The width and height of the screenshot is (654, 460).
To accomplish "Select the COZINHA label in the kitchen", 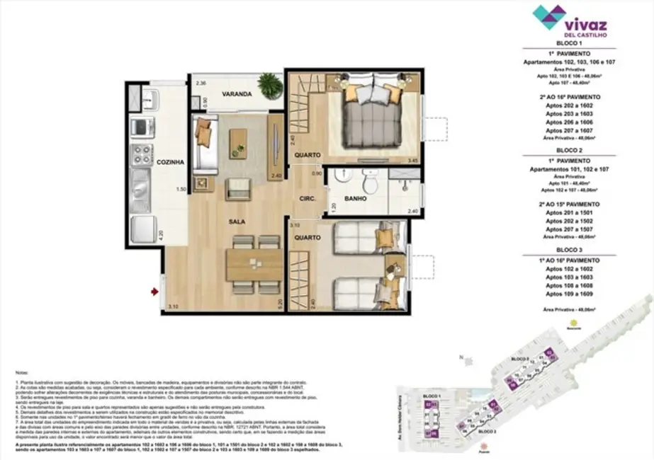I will coord(170,162).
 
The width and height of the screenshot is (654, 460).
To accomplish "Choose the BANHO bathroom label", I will coord(356,200).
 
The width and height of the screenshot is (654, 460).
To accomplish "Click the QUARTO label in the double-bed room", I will coord(308,154).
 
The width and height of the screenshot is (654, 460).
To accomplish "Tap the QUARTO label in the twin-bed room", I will coord(308,238).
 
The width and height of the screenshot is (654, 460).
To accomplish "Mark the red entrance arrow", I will coord(154,290).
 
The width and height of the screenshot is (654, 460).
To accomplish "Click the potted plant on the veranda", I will coord(269,86).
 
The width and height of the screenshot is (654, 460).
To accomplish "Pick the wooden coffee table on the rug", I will coord(238,138).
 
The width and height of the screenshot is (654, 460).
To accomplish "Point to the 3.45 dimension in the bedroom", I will coord(412,161).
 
